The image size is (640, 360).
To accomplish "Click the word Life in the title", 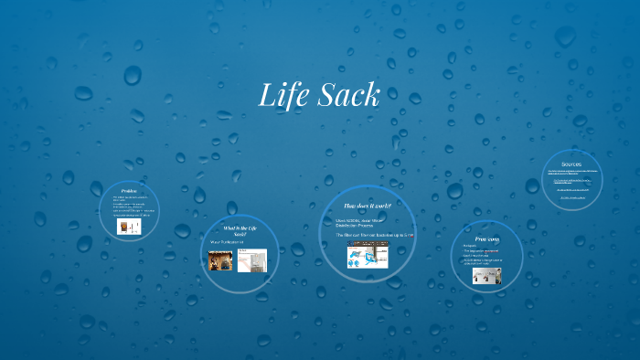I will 284,95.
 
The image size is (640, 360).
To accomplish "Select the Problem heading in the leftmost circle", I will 129,191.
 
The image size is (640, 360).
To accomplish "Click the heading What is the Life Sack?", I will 240,230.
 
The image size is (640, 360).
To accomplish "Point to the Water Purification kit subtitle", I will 228,242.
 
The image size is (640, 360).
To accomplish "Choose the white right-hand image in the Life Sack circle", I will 251,260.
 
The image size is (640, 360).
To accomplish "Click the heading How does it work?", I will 368,206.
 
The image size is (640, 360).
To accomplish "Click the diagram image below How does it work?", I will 365,255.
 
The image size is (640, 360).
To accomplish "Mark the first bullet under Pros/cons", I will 471,246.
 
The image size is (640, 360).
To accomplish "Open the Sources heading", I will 571,164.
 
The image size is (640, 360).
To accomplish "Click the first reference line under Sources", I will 572,173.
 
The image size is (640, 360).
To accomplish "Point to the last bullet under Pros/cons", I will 483,262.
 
